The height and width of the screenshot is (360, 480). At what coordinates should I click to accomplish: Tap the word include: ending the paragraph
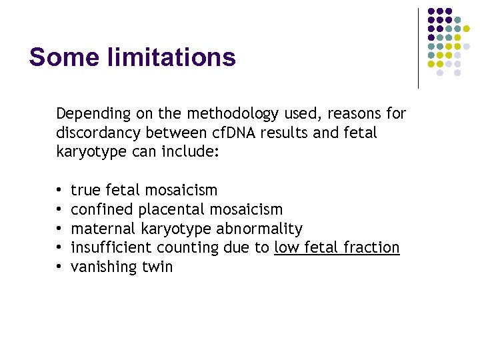tap(193, 152)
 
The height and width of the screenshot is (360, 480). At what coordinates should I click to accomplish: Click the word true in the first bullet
tap(86, 191)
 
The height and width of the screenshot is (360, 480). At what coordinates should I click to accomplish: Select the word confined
tap(102, 210)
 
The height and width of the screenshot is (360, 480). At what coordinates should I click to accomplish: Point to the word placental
tap(171, 210)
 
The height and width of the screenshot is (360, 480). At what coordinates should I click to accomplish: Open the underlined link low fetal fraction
tap(336, 248)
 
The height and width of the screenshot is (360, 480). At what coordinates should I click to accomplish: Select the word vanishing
tap(103, 267)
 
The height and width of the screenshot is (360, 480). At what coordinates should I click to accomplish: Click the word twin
tap(157, 267)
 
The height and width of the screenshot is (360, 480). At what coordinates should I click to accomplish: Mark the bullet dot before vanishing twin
tap(60, 267)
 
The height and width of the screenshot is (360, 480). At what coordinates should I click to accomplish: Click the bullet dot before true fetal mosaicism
tap(60, 191)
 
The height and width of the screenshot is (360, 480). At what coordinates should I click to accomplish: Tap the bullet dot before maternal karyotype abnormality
tap(60, 229)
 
